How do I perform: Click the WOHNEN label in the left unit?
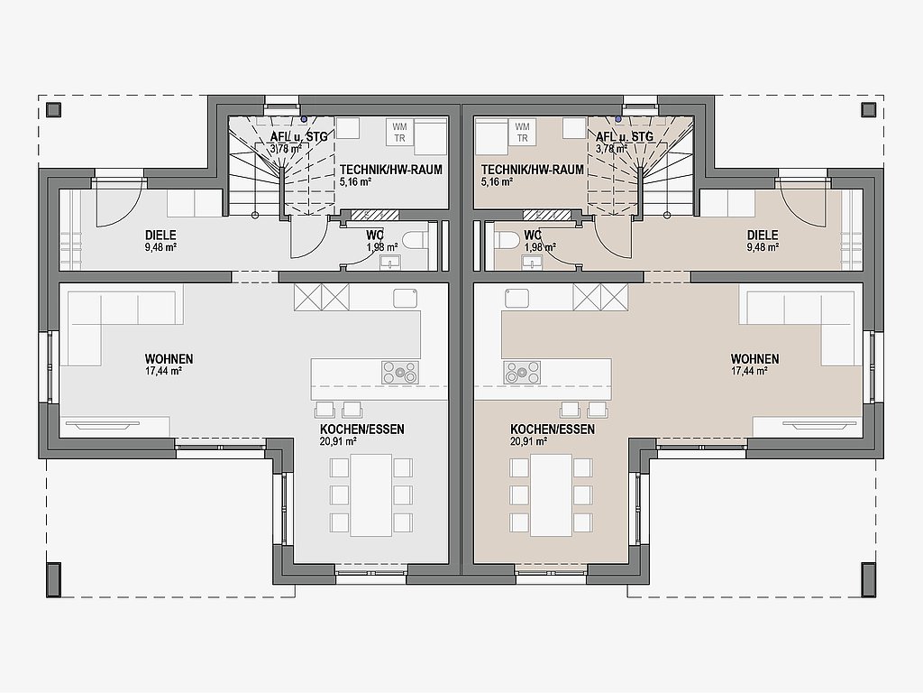click(169, 359)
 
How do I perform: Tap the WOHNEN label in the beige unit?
click(754, 359)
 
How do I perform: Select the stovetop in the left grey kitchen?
click(399, 373)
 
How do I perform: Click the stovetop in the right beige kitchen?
click(522, 373)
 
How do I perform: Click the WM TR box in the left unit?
click(399, 133)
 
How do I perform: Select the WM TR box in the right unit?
click(522, 133)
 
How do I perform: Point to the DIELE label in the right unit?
click(763, 236)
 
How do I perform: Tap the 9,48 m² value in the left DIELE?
click(160, 247)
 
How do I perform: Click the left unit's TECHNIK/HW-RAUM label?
click(391, 170)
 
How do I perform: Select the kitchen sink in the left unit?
click(406, 298)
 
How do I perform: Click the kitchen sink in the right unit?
click(516, 298)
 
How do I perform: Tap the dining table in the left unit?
click(370, 495)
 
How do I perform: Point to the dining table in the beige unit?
click(551, 495)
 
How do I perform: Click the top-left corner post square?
click(54, 109)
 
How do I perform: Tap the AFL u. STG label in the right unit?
click(625, 137)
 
